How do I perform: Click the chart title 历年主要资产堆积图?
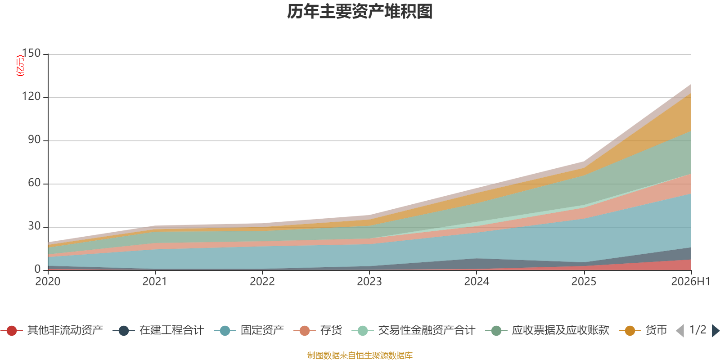coord(360,12)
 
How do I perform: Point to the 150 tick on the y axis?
coord(31,53)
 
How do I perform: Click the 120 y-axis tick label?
coord(31,96)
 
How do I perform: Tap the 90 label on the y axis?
coord(34,139)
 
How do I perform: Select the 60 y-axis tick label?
coord(34,183)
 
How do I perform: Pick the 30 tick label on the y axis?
coord(34,226)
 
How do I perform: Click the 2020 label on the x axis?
coord(48,282)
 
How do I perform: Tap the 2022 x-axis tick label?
coord(262,282)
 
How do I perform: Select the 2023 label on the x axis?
coord(369,282)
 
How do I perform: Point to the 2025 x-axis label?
coord(584,282)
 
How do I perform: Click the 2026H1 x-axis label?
coord(691,282)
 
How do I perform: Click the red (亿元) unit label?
coord(20,66)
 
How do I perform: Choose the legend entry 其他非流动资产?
coord(52,330)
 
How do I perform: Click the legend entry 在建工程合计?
coord(158,330)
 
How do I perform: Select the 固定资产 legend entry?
coord(249,330)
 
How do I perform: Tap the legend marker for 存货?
coord(304,331)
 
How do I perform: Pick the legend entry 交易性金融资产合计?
coord(414,330)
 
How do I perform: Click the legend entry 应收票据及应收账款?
coord(547,330)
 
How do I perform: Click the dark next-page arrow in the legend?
coord(715,330)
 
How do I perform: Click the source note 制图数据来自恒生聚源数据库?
coord(360,355)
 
